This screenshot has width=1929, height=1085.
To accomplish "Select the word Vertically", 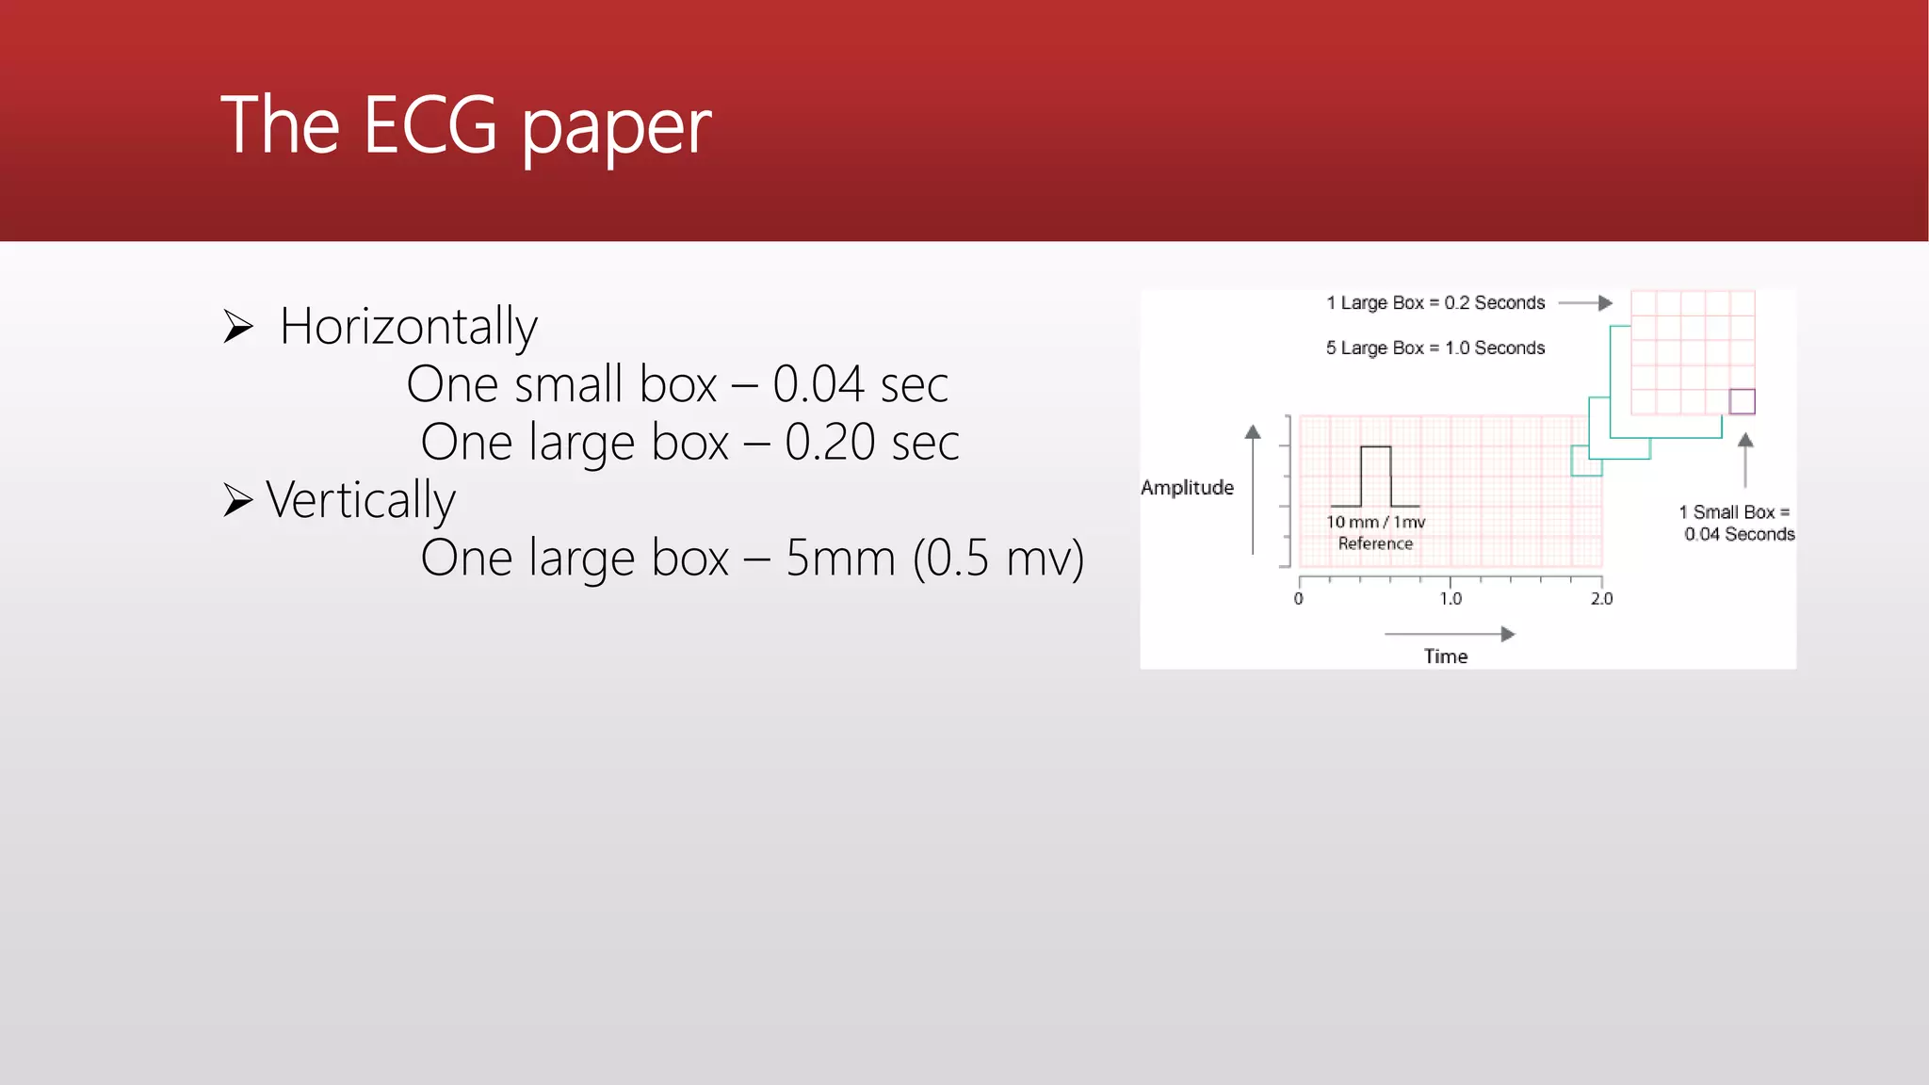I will (x=361, y=499).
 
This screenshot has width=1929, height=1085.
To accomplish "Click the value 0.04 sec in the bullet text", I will (x=860, y=384).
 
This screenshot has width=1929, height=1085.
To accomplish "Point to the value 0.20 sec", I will (x=871, y=442).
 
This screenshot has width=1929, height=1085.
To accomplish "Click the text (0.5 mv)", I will (x=998, y=558).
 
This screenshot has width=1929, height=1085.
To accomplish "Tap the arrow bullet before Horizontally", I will (x=238, y=327).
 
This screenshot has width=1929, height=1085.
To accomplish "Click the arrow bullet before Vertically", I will (x=238, y=499).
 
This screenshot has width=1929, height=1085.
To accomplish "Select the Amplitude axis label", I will (x=1187, y=487).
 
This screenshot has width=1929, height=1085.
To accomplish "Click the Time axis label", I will (x=1445, y=656).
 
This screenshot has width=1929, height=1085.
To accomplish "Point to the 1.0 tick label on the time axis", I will (x=1451, y=599).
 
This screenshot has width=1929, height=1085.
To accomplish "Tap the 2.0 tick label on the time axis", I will (x=1601, y=599).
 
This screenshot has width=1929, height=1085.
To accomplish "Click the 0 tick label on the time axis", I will (x=1299, y=599).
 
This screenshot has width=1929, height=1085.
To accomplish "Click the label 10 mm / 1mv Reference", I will (x=1375, y=532).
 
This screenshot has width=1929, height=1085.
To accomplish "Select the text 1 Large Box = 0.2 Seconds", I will (x=1435, y=303).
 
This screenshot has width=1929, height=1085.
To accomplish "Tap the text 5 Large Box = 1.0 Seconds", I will (x=1435, y=348).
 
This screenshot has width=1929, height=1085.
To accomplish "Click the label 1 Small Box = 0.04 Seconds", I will (x=1738, y=523).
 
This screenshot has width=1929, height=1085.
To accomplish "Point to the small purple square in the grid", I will (x=1742, y=401).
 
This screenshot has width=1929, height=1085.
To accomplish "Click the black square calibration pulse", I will (x=1375, y=476).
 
